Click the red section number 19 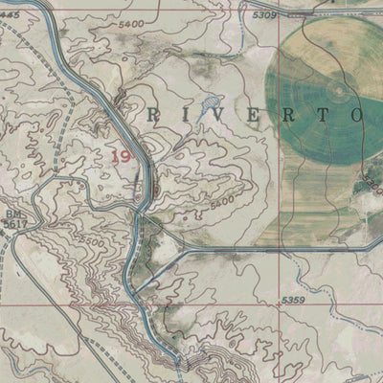(122, 155)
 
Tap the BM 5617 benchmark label (14, 217)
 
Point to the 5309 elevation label (264, 16)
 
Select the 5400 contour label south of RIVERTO (220, 204)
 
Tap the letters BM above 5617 (11, 213)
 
